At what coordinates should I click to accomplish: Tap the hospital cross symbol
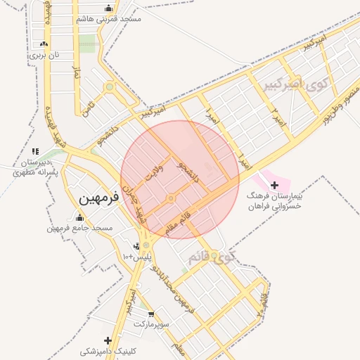tap(274, 184)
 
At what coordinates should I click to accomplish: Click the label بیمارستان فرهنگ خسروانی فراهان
tap(275, 202)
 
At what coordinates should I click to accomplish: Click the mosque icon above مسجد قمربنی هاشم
tap(108, 8)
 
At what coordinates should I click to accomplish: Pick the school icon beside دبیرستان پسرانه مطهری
tap(35, 151)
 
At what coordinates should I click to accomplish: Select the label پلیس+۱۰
tap(139, 258)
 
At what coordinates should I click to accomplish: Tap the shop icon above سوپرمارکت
tap(150, 314)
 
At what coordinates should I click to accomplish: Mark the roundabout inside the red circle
tap(171, 199)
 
